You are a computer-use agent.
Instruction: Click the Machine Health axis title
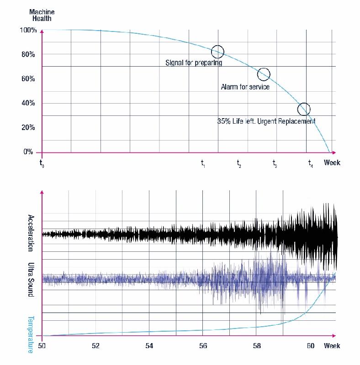[42, 15]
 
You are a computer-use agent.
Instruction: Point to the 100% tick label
[27, 31]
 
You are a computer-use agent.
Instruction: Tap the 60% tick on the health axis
[28, 79]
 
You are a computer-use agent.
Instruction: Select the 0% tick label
[28, 152]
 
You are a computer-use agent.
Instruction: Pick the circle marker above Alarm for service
[264, 74]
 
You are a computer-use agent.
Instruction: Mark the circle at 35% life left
[304, 109]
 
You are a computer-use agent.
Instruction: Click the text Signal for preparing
[194, 63]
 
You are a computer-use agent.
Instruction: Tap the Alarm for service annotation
[245, 87]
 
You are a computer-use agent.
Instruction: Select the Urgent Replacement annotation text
[266, 121]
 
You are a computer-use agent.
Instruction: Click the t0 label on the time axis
[42, 163]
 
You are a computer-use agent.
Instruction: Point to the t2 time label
[239, 163]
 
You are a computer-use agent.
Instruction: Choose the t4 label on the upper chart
[311, 163]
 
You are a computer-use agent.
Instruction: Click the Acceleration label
[31, 233]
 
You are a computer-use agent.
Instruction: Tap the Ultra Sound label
[31, 280]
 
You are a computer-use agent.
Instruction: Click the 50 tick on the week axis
[42, 346]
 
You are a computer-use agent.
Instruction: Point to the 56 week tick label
[203, 346]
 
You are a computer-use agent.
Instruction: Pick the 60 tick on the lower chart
[311, 346]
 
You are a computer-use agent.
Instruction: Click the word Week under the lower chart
[332, 346]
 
